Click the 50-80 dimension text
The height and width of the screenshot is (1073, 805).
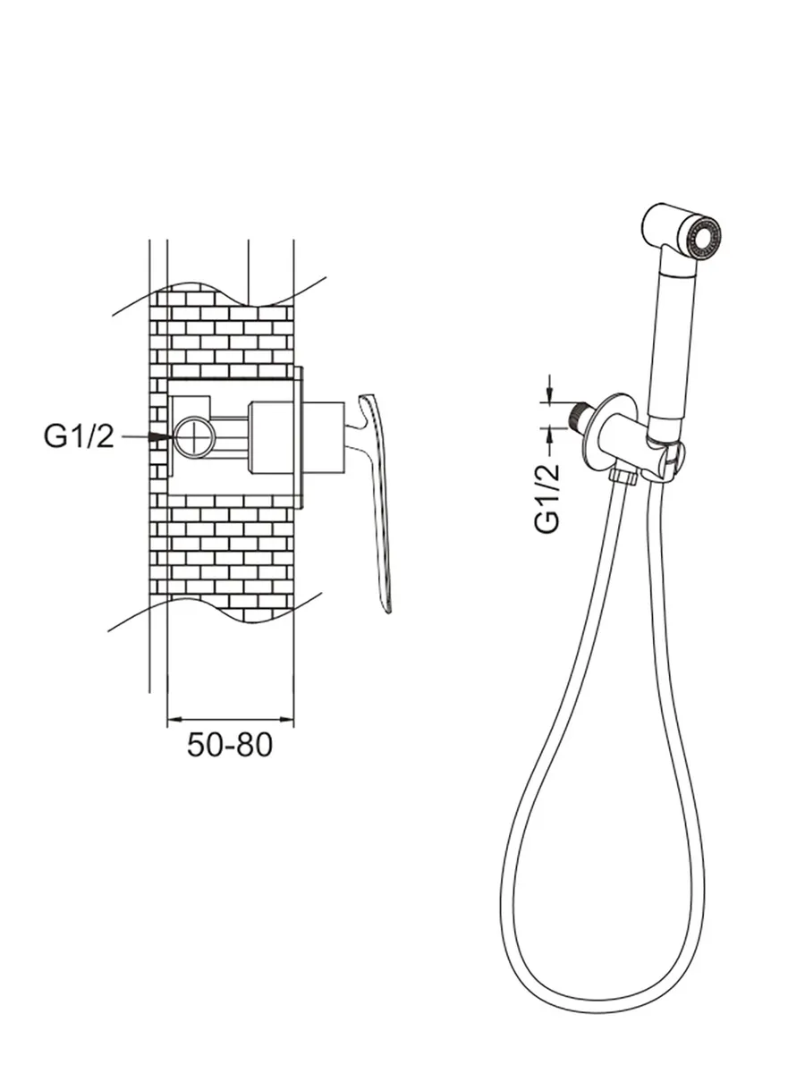point(229,745)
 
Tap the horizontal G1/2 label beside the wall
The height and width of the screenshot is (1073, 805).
point(79,436)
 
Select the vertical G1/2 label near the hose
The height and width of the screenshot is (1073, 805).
point(547,498)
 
